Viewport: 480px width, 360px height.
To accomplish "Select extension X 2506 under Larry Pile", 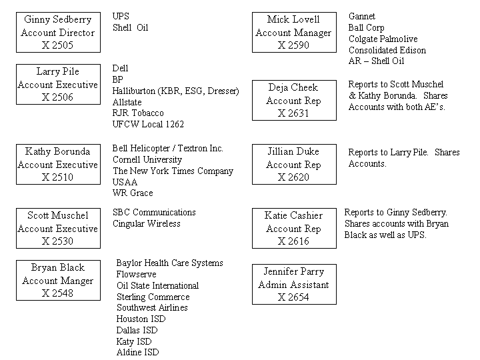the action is pyautogui.click(x=57, y=97).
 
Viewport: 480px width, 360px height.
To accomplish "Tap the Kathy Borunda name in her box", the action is pyautogui.click(x=57, y=151).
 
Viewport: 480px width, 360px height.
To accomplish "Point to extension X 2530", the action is pyautogui.click(x=57, y=241).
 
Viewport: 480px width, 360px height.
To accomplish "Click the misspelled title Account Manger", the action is pyautogui.click(x=57, y=281).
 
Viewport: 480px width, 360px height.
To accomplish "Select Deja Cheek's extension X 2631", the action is pyautogui.click(x=293, y=113).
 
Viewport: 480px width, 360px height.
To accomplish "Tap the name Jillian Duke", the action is pyautogui.click(x=293, y=151).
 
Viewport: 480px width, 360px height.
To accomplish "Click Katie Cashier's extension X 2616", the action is pyautogui.click(x=293, y=241).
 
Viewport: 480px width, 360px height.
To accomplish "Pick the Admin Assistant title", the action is pyautogui.click(x=293, y=285).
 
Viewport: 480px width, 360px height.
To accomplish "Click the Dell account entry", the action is pyautogui.click(x=120, y=68).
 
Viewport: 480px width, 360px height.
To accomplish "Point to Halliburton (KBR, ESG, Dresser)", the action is pyautogui.click(x=175, y=91).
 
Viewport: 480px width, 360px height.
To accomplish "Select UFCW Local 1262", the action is pyautogui.click(x=148, y=124).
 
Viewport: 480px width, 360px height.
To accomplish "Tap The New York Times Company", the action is pyautogui.click(x=173, y=171).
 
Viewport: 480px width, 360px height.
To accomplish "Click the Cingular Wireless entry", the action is pyautogui.click(x=146, y=224).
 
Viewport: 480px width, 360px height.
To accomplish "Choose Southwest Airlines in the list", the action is pyautogui.click(x=152, y=307).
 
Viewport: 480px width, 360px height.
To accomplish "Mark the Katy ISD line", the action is pyautogui.click(x=134, y=341).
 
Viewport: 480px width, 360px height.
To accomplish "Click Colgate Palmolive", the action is pyautogui.click(x=383, y=39).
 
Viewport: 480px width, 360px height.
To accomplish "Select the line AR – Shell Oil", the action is pyautogui.click(x=376, y=61).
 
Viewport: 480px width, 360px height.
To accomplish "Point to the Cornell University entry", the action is pyautogui.click(x=147, y=159).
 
